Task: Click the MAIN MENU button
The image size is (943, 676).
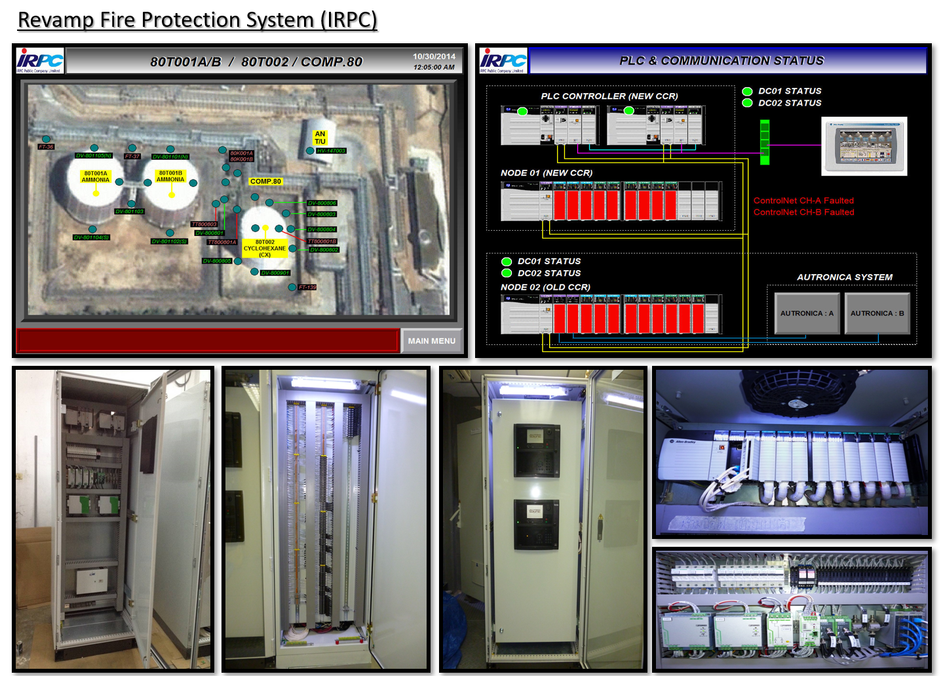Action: pyautogui.click(x=431, y=341)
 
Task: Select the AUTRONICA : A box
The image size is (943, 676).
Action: pyautogui.click(x=807, y=313)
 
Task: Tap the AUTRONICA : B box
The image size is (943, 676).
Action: pyautogui.click(x=877, y=313)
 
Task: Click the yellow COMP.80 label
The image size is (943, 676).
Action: pyautogui.click(x=265, y=182)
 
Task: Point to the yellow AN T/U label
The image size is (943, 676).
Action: pyautogui.click(x=320, y=138)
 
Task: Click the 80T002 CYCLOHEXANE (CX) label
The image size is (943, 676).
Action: pyautogui.click(x=265, y=249)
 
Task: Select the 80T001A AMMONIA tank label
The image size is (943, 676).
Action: pyautogui.click(x=96, y=177)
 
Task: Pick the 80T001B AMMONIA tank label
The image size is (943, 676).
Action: pyautogui.click(x=170, y=176)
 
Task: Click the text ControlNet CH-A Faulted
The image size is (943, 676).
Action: pyautogui.click(x=803, y=201)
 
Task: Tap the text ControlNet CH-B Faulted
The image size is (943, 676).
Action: pyautogui.click(x=803, y=212)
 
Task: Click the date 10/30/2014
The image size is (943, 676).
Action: pyautogui.click(x=434, y=56)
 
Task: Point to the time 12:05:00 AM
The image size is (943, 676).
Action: pyautogui.click(x=434, y=67)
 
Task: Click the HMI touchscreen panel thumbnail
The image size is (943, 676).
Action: pyautogui.click(x=864, y=146)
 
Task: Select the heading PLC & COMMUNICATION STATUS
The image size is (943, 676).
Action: pyautogui.click(x=722, y=61)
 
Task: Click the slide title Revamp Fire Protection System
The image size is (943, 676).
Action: pyautogui.click(x=197, y=20)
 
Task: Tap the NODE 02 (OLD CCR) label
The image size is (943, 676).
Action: pyautogui.click(x=545, y=287)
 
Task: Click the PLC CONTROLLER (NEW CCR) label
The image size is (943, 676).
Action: pyautogui.click(x=609, y=96)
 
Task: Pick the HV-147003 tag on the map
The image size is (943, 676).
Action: pyautogui.click(x=331, y=151)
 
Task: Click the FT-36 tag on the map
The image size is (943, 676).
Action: pyautogui.click(x=46, y=147)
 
